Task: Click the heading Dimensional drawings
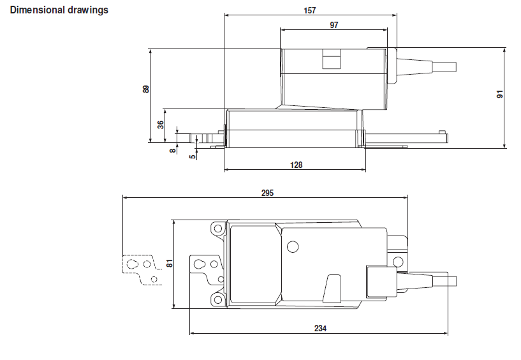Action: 59,10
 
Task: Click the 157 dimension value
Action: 310,10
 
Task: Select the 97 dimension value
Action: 334,25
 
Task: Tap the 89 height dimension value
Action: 146,89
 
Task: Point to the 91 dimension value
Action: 500,94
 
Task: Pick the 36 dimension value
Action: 161,124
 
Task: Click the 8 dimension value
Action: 172,151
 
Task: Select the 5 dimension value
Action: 193,156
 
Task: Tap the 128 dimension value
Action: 296,165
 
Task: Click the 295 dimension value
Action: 267,193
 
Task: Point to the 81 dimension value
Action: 170,263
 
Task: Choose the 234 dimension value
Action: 320,328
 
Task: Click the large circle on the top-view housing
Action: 293,246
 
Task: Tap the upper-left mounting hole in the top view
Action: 218,229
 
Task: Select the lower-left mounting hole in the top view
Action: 218,299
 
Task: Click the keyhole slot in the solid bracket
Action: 200,264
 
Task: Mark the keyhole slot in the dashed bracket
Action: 132,264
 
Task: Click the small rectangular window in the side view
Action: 331,59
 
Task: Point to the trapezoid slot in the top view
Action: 332,289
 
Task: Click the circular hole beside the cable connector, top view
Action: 398,262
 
